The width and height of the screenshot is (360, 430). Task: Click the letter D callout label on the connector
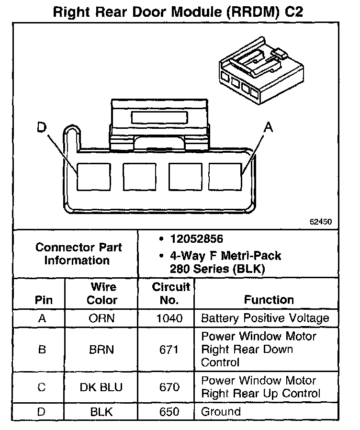coord(43,127)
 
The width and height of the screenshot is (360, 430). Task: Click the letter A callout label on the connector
coord(269,127)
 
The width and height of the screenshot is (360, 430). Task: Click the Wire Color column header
coord(102,294)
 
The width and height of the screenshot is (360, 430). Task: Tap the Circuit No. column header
coord(171,294)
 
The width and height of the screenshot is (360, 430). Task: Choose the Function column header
coord(269,300)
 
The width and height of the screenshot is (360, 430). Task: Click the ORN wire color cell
coord(102,318)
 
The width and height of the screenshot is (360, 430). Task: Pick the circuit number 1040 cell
coord(170,318)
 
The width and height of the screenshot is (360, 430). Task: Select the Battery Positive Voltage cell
coord(265,318)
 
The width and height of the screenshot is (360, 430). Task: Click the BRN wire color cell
coord(102,349)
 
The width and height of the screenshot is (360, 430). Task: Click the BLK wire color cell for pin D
coord(102,411)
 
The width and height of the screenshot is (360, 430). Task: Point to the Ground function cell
coord(221,411)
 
